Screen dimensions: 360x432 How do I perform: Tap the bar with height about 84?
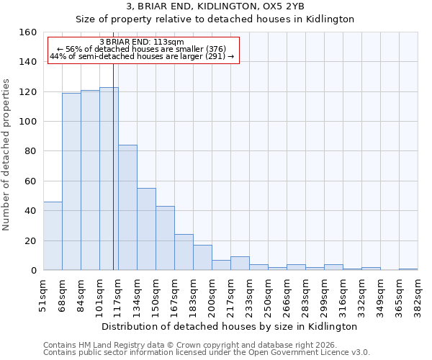127,207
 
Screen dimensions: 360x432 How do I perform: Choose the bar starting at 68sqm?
71,181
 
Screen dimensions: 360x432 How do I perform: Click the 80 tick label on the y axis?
30,151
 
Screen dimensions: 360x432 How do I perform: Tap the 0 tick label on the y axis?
33,271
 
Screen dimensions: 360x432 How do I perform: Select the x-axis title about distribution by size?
230,326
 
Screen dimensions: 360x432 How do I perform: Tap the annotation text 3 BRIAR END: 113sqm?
142,42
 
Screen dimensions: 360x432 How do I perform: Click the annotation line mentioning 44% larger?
142,56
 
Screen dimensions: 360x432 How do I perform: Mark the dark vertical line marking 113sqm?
113,166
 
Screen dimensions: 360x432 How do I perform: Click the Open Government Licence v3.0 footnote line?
207,353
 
